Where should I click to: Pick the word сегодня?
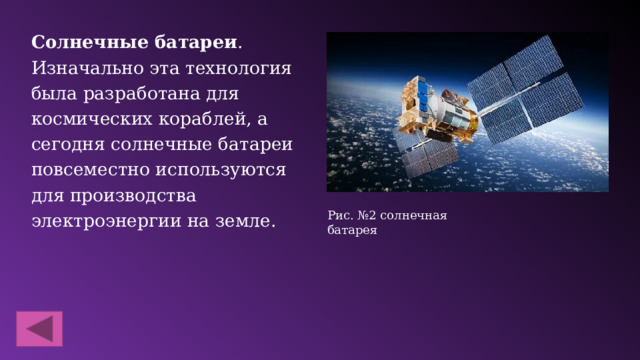click(69, 144)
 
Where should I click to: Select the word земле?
click(243, 219)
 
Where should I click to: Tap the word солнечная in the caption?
click(412, 215)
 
